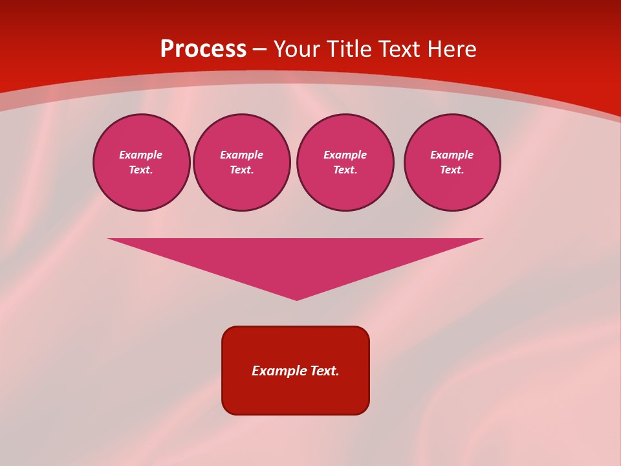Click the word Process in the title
click(203, 49)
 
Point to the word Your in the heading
click(297, 49)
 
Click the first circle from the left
click(142, 162)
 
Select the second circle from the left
click(242, 162)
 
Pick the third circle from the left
click(345, 162)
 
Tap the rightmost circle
click(452, 162)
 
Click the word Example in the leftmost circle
click(141, 155)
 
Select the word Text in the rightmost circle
click(451, 170)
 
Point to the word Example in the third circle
click(345, 155)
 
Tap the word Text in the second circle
click(241, 170)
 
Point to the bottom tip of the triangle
click(296, 298)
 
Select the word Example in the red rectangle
click(279, 371)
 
